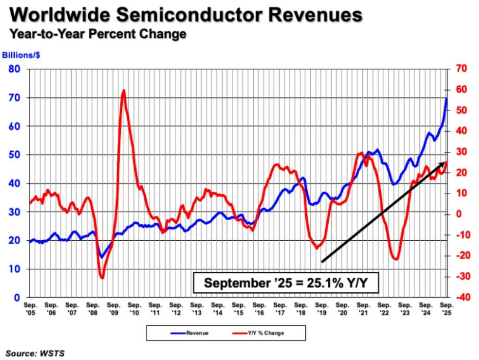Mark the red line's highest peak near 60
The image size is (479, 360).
pos(123,91)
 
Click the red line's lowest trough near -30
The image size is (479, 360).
pos(102,278)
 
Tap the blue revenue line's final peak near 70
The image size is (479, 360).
pos(446,98)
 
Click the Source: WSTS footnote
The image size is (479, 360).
pos(35,352)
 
